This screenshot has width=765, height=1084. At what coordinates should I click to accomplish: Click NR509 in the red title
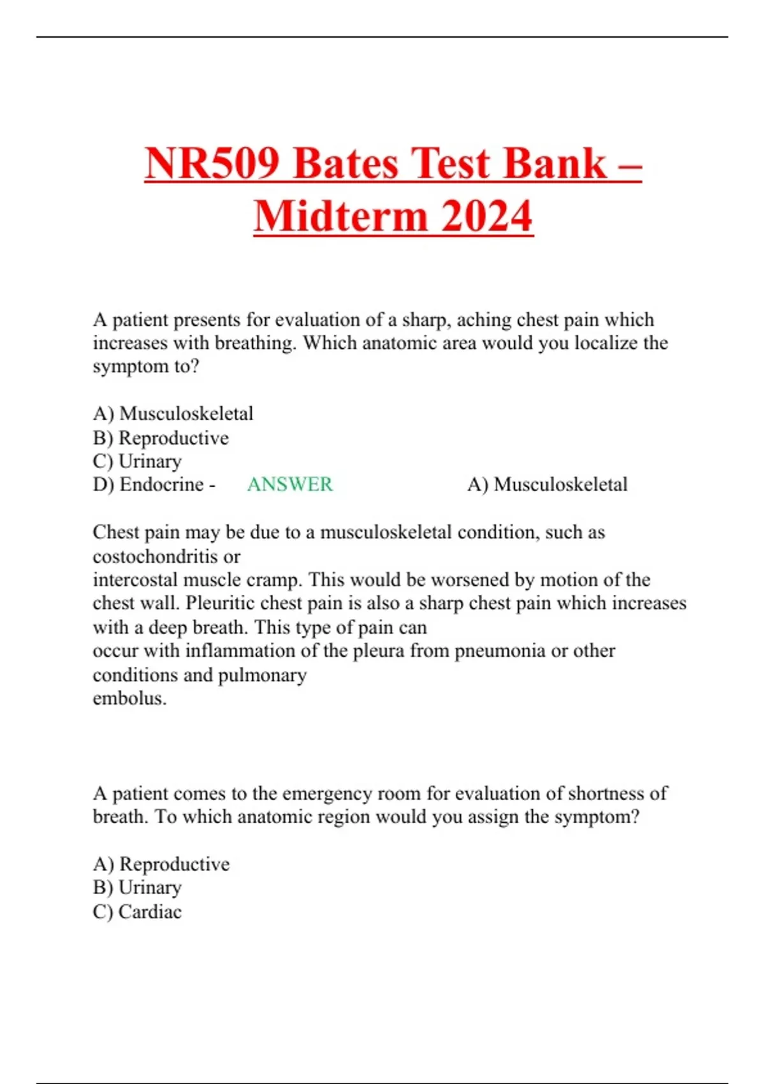pyautogui.click(x=212, y=163)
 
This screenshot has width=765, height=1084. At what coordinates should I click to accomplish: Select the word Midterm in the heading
pyautogui.click(x=340, y=217)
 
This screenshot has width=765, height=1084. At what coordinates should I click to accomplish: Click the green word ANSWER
pyautogui.click(x=289, y=485)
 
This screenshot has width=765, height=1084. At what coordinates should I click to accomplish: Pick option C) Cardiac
pyautogui.click(x=137, y=912)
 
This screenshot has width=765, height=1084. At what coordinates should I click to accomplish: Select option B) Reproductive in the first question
pyautogui.click(x=161, y=438)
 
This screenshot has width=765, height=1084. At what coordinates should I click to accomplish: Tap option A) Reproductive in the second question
pyautogui.click(x=161, y=864)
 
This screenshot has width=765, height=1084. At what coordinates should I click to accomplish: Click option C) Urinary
pyautogui.click(x=137, y=461)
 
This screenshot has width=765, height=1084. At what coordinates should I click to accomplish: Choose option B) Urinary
pyautogui.click(x=137, y=888)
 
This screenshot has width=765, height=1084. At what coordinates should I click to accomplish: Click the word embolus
pyautogui.click(x=129, y=698)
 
